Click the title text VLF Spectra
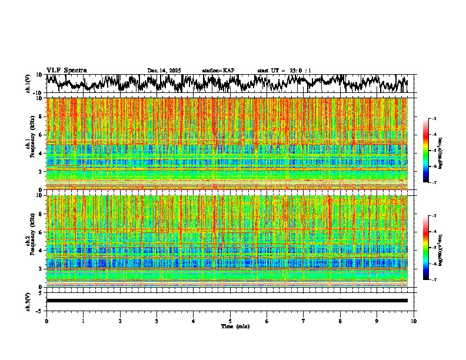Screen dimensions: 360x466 point(66,71)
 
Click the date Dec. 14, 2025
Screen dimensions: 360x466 point(164,71)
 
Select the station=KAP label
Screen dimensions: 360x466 point(218,71)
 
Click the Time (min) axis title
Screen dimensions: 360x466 point(230,326)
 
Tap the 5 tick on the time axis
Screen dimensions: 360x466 point(230,321)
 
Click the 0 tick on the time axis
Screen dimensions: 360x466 point(46,321)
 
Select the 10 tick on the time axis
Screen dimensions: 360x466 point(414,321)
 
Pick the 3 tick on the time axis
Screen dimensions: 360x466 point(157,321)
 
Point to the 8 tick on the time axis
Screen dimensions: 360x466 point(341,321)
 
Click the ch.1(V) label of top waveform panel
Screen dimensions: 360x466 point(28,84)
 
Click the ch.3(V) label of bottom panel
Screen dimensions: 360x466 point(28,301)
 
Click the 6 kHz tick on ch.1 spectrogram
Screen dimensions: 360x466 point(42,135)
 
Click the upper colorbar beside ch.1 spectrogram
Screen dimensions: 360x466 point(430,151)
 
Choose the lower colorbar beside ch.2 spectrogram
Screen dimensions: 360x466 point(430,248)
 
